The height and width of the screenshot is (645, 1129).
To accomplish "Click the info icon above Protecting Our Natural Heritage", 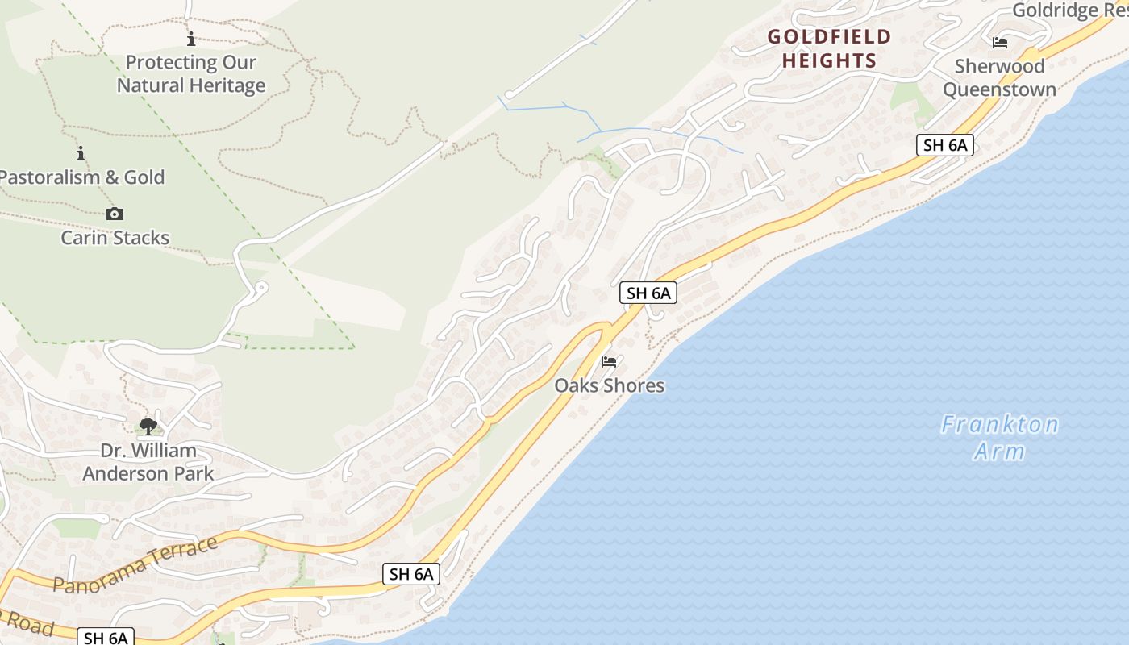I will [191, 39].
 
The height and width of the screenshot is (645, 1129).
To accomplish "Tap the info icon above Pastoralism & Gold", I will [80, 153].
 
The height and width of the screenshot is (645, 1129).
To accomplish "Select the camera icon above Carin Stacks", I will [115, 214].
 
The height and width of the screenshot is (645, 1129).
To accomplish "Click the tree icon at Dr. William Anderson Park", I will [148, 426].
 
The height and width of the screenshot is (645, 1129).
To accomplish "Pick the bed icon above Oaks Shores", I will [609, 362].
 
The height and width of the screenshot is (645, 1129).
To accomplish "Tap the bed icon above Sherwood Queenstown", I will [1000, 43].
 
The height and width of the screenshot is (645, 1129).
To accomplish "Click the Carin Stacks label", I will [115, 238].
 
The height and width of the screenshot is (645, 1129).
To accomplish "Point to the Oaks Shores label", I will [609, 385].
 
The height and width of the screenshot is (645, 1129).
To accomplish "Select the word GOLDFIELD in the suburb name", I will [829, 37].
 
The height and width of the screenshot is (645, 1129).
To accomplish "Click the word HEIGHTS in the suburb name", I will [829, 60].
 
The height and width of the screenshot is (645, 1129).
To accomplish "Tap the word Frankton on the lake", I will [999, 424].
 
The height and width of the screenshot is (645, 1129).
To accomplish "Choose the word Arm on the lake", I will [999, 451].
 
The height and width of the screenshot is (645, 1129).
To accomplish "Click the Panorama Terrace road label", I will [135, 565].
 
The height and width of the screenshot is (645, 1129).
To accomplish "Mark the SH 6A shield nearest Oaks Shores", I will [648, 293].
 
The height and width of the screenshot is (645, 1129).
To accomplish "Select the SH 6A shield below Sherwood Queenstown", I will [945, 146].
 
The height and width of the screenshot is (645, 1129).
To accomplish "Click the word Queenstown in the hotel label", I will [999, 89].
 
